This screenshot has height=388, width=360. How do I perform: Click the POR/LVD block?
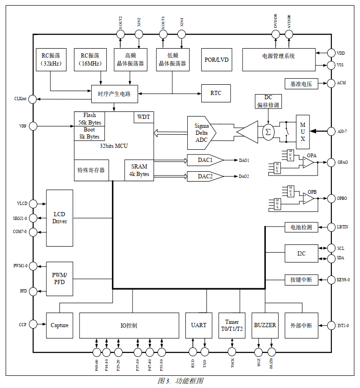pos(216,59)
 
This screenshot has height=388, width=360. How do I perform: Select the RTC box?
pos(216,93)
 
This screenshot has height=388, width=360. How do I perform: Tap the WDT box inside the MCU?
pos(144,117)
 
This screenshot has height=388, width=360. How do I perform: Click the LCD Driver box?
pos(59,218)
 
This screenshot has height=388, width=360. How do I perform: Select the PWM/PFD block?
pos(59,278)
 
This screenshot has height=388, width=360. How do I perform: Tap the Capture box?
pos(59,325)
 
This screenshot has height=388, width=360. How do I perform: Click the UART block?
pos(198,325)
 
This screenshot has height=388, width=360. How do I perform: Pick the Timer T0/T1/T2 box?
pos(232,325)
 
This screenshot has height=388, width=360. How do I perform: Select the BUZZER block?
pos(265,325)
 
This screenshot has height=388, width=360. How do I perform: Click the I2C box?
pos(301,254)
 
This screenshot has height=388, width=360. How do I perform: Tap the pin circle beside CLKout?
pos(33,99)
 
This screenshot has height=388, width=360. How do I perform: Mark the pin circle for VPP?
pos(33,126)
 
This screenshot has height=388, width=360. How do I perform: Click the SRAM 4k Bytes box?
pos(140,170)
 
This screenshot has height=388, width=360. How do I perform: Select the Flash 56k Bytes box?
pos(89,119)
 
